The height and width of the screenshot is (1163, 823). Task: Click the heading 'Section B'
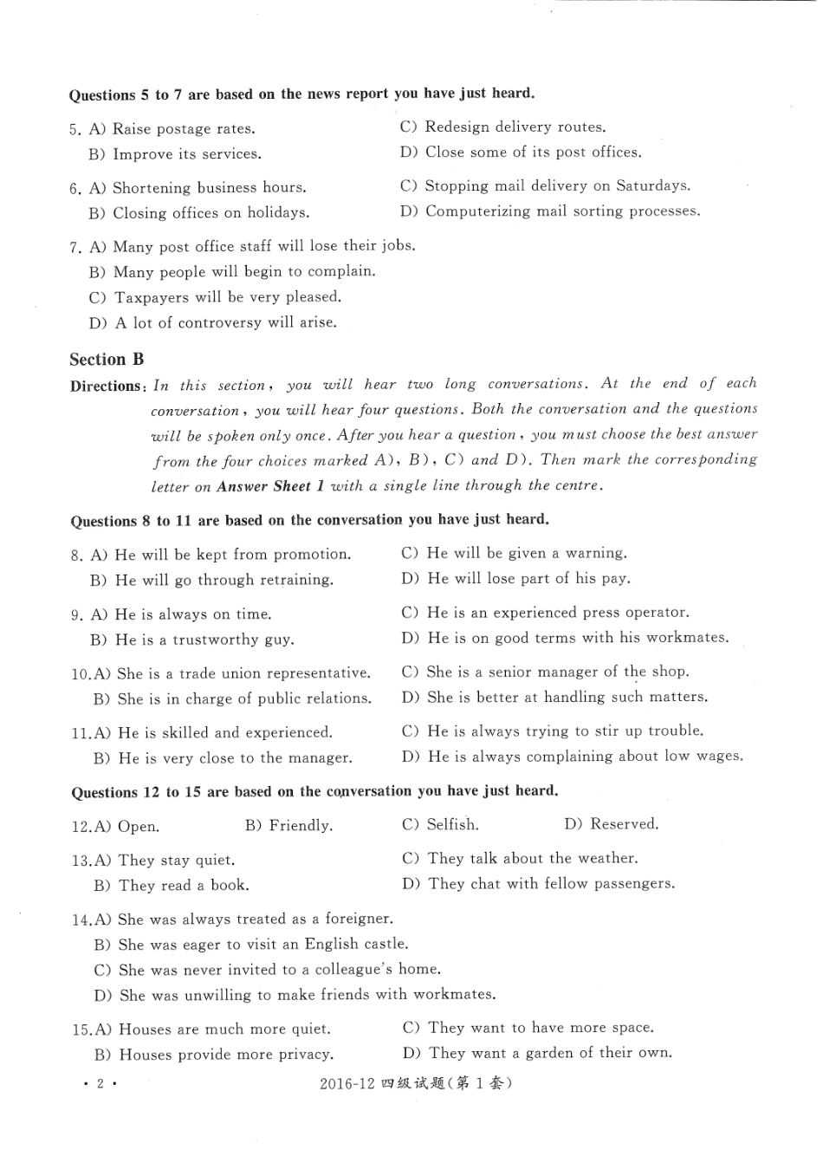[x=107, y=360]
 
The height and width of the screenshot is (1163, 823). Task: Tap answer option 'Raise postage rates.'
[x=184, y=129]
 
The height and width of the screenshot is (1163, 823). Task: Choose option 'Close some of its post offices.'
[x=533, y=153]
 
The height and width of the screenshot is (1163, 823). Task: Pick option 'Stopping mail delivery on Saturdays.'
[x=557, y=185]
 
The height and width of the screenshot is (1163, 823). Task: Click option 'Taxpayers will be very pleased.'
[x=228, y=297]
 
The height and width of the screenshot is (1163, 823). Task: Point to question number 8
[x=76, y=556]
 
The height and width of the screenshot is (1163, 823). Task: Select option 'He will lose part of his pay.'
[x=528, y=578]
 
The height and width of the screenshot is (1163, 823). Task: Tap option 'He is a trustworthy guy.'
[x=204, y=640]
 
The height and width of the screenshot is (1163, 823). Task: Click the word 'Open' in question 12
[x=138, y=827]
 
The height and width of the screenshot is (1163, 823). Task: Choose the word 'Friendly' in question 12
[x=300, y=826]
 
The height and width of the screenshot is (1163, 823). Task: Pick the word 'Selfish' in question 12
[x=452, y=824]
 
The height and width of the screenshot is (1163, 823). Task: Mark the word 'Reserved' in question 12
[x=624, y=824]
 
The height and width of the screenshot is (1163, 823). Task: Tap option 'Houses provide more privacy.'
[x=225, y=1055]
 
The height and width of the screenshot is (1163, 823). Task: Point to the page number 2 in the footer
[x=100, y=1084]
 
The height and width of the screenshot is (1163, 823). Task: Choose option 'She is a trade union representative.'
[x=243, y=673]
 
